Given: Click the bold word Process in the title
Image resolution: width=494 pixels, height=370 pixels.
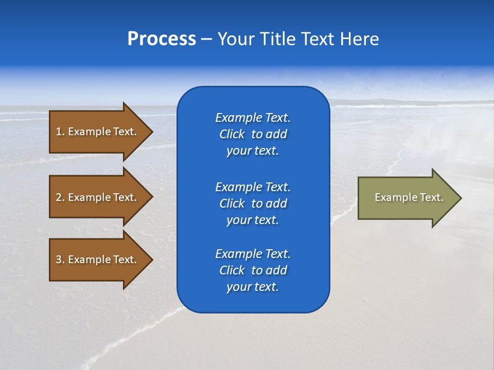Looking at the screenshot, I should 162,39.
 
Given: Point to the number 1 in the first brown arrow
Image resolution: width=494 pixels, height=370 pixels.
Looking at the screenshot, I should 59,132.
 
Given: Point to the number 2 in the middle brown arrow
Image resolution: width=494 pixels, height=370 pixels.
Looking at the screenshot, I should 59,197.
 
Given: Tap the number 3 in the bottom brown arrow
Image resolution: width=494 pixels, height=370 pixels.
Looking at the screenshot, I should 59,260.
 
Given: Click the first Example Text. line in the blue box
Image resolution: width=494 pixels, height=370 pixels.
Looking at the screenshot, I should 253,118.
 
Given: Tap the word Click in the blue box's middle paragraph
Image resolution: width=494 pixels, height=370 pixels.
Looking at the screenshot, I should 232,203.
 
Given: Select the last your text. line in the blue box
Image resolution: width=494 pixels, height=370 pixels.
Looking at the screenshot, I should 253,287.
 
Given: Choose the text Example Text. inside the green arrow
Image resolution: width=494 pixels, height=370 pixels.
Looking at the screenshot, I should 409,197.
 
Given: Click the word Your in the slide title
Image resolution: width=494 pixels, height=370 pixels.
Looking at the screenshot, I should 234,39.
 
